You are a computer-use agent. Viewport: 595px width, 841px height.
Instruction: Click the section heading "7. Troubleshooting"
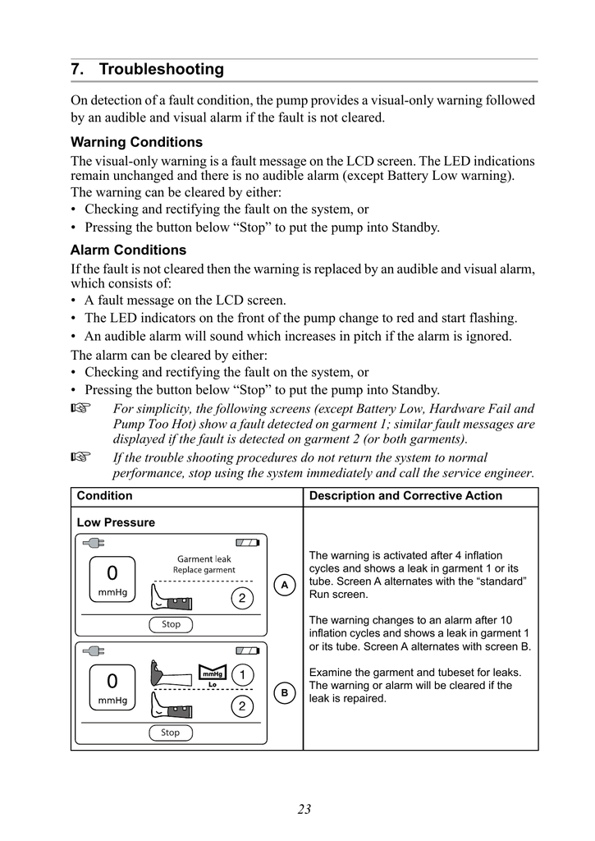(x=147, y=70)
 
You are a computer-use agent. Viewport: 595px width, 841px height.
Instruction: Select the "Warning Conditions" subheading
(x=136, y=142)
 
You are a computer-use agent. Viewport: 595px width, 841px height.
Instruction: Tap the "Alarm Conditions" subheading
(x=128, y=250)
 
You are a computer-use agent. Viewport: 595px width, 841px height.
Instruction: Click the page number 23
(x=304, y=809)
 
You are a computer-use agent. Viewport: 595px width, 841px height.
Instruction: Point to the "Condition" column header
(x=104, y=496)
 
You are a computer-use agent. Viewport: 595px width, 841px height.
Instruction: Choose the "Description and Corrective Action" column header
(x=405, y=496)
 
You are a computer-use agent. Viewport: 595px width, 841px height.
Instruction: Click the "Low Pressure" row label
(x=116, y=522)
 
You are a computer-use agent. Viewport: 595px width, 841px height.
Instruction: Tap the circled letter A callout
(x=285, y=585)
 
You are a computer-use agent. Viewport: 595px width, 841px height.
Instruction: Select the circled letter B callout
(x=285, y=693)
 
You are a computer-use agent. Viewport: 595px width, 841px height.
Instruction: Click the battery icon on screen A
(x=246, y=543)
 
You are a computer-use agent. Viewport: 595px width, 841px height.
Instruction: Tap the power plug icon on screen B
(x=94, y=651)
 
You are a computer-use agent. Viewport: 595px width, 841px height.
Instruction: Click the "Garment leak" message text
(x=204, y=559)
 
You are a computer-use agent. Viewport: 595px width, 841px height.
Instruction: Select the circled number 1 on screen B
(x=241, y=675)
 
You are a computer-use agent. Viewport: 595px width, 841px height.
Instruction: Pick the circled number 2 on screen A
(x=241, y=599)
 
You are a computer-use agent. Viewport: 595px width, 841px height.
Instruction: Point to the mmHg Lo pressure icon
(x=212, y=676)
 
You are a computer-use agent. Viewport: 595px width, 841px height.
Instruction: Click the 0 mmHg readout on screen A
(x=112, y=578)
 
